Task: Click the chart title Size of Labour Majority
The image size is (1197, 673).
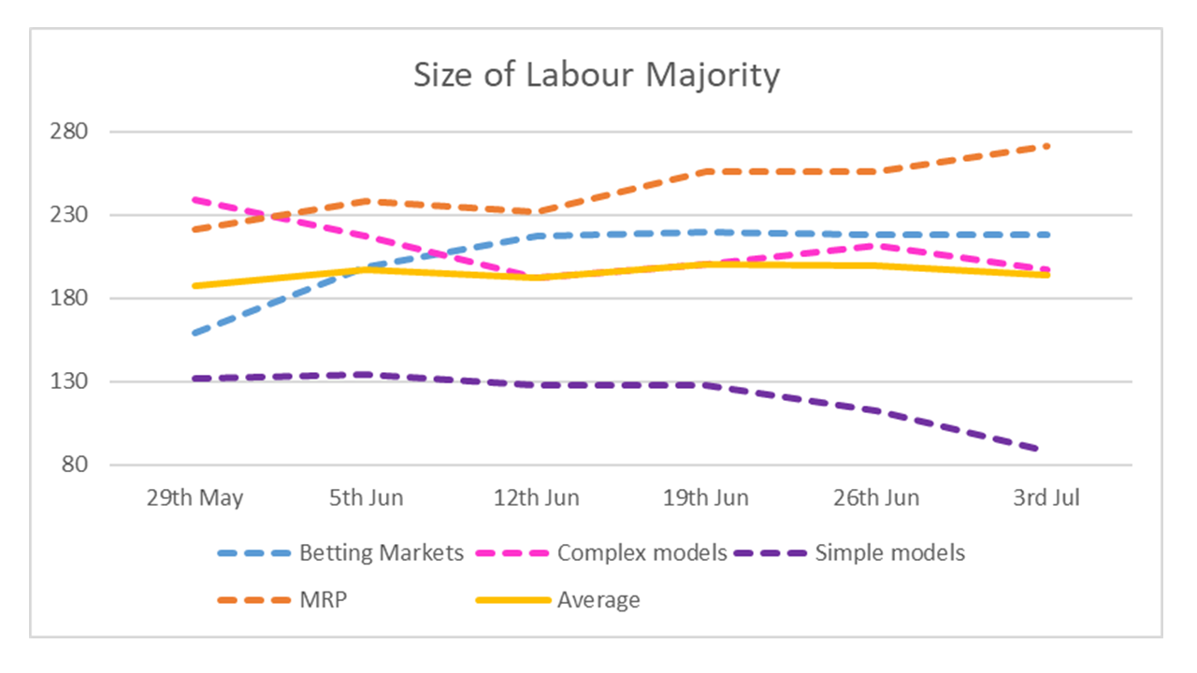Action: click(x=597, y=75)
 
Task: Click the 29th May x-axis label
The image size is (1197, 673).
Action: click(x=195, y=497)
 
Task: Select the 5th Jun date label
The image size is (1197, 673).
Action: click(x=366, y=497)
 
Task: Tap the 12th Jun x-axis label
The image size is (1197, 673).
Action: click(x=537, y=497)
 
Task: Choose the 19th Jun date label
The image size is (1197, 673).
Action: click(x=706, y=497)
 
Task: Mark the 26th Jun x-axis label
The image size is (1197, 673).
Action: click(x=877, y=497)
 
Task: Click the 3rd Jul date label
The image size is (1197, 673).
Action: click(x=1047, y=497)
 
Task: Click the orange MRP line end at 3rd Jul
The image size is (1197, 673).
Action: click(x=1047, y=146)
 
